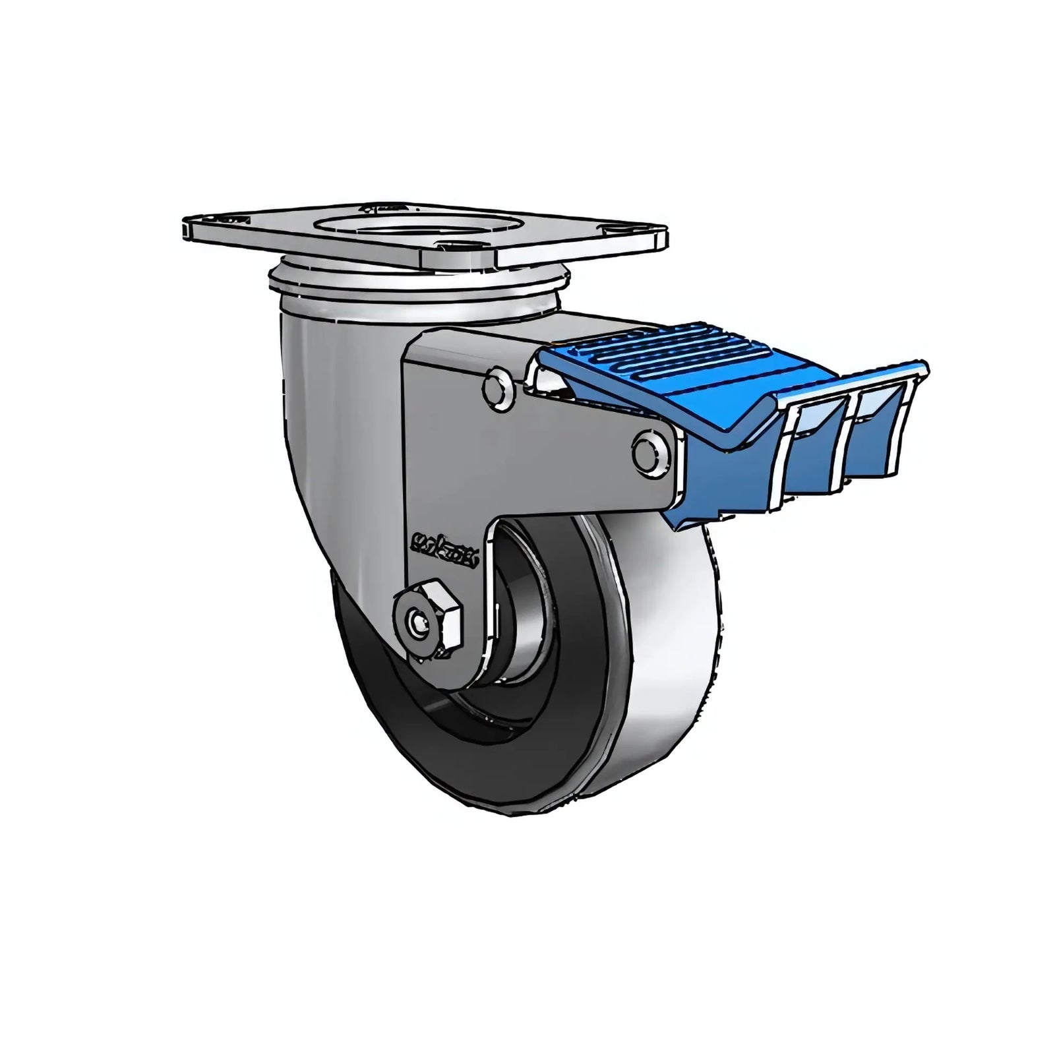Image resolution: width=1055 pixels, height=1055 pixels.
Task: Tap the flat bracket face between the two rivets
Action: pos(574,435)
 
